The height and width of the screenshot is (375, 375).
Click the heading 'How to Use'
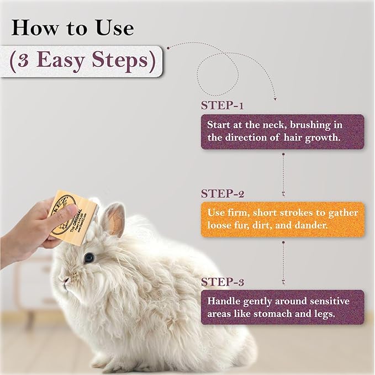[x=72, y=27]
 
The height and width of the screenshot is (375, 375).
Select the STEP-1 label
[x=223, y=105]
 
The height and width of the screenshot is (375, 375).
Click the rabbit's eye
[x=89, y=257]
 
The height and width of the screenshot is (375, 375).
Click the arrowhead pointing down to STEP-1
[x=274, y=98]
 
